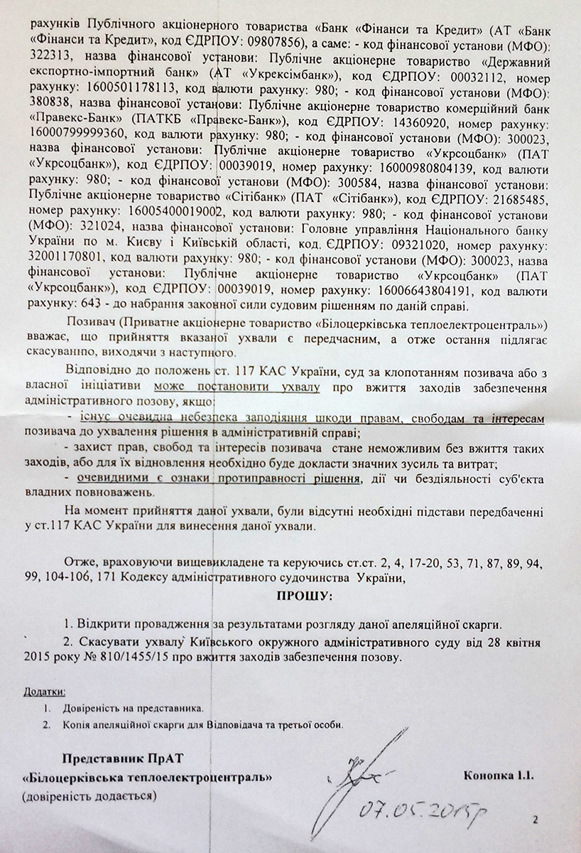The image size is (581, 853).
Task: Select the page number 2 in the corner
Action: coord(535,820)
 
